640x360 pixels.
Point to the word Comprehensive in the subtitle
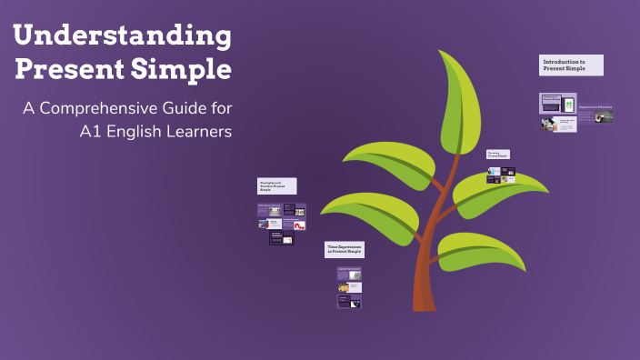pyautogui.click(x=108, y=109)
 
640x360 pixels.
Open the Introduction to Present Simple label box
pyautogui.click(x=571, y=65)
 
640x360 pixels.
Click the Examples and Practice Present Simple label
pyautogui.click(x=277, y=185)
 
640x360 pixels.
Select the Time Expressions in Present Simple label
pyautogui.click(x=350, y=249)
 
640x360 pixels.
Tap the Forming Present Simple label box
pyautogui.click(x=497, y=155)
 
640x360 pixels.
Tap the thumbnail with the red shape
pyautogui.click(x=299, y=225)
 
